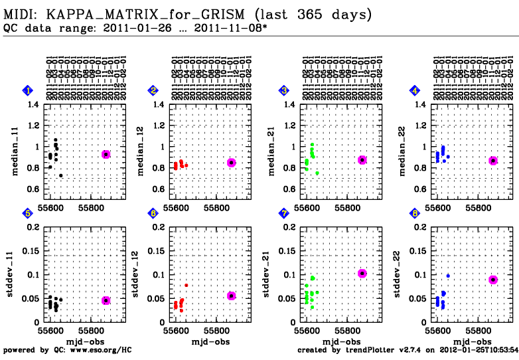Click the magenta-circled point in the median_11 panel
106,154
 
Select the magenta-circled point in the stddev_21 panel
362,274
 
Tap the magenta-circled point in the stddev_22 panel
493,280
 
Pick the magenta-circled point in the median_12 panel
232,163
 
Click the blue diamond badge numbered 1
26,90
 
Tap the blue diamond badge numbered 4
415,90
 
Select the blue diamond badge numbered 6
153,213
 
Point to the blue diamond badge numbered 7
284,213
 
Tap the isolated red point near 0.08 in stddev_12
186,286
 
